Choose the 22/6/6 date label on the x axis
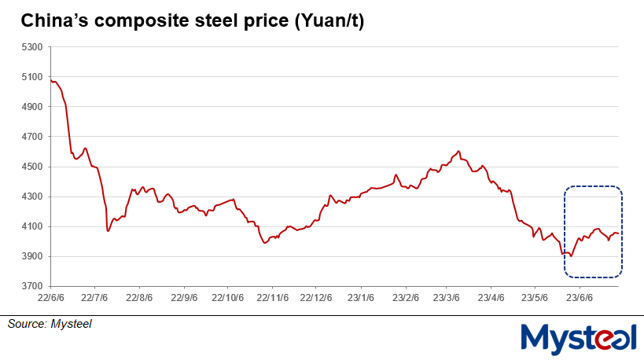[x=50, y=299]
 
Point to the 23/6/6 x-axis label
[x=580, y=299]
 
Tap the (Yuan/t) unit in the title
[x=327, y=23]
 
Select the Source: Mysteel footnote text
[x=50, y=324]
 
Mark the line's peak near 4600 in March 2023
[x=458, y=151]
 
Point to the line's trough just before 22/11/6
[x=265, y=243]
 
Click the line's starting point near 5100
[x=51, y=80]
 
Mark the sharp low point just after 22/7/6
[x=108, y=231]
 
